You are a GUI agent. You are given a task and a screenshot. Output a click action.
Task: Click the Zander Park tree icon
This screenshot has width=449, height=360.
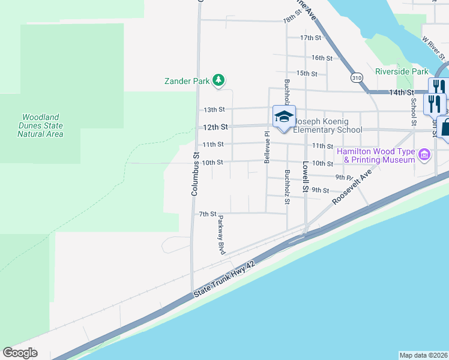pos(219,80)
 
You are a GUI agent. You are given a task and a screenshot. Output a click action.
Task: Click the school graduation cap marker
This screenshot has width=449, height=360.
pos(284,116)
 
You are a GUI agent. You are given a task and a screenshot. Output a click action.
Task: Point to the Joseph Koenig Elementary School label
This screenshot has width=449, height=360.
pos(327,125)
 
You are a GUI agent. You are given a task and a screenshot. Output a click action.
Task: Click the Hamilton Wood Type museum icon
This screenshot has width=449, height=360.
pos(424,155)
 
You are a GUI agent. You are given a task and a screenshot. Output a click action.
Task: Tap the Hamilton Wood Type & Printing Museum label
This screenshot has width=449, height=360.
pos(376,155)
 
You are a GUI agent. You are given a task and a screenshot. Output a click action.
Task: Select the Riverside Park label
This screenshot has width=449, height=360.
pos(402,71)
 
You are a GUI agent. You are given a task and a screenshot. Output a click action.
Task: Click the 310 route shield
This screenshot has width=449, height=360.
pos(357,78)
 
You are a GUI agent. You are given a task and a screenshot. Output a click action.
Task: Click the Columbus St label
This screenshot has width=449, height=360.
pos(194,173)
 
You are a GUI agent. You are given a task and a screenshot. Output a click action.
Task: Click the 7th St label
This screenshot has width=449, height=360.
pos(207,214)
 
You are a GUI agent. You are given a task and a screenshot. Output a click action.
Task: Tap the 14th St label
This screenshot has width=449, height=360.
pos(402,92)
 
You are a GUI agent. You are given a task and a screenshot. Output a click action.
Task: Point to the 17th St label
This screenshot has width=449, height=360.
pos(311,38)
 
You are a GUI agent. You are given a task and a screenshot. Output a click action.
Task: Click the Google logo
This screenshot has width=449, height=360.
pos(20,353)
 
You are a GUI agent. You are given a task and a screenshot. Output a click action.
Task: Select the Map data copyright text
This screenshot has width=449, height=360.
pos(423,355)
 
